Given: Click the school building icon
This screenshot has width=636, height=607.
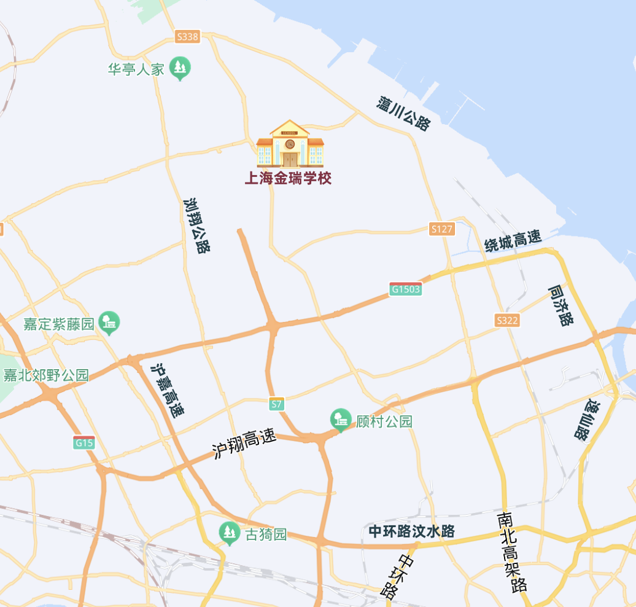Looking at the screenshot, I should tap(290, 144).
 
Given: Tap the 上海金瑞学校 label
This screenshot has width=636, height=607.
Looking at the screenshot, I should tap(288, 179).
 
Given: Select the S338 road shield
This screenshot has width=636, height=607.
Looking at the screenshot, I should tap(187, 37).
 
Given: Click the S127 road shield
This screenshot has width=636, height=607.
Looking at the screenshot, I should tap(442, 229).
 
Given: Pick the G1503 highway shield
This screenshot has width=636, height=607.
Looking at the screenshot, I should tap(406, 289).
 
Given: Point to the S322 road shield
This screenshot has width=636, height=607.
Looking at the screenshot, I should tap(507, 320).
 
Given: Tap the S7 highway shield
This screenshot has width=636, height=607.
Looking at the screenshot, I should tap(277, 404).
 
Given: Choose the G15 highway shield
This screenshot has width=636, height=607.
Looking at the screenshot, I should tap(83, 442).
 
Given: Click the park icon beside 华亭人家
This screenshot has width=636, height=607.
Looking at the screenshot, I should tap(180, 68).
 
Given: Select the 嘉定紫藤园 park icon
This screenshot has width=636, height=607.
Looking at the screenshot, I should tap(110, 322).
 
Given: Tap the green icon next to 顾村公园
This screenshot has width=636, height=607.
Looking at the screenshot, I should tap(340, 420).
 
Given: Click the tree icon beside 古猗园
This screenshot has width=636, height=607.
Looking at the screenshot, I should tap(230, 533).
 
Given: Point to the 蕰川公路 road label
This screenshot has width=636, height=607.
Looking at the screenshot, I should tap(404, 113).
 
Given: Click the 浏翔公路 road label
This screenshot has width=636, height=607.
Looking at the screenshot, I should tap(197, 225).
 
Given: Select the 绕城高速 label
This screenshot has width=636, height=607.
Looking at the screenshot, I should tap(513, 241).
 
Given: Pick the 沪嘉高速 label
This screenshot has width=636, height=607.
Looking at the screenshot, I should tap(168, 390).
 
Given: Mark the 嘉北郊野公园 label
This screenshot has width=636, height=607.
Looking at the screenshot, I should tap(46, 375).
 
